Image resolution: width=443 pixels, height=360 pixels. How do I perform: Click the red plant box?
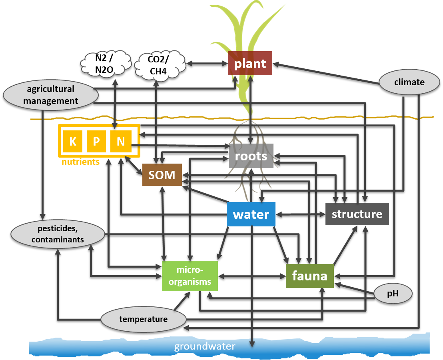point(250,63)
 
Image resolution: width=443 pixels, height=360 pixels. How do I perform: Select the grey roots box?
point(251,156)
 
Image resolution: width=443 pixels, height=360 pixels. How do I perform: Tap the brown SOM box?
point(162,175)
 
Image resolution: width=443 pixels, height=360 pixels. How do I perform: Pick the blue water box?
point(251,214)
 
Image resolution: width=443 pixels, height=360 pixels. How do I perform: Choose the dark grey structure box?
point(357,214)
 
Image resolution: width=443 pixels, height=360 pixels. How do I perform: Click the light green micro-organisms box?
point(190,276)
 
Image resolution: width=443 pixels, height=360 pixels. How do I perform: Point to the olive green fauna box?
point(309,276)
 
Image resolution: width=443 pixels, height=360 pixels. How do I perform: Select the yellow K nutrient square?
point(73,141)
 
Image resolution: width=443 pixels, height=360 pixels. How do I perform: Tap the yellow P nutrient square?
point(96,141)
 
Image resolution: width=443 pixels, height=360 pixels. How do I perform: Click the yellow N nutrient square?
point(121,141)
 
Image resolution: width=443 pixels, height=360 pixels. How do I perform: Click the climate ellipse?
point(409,82)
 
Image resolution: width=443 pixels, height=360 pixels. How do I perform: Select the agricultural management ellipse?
point(51,95)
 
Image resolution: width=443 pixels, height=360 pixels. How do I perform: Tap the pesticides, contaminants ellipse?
point(58,234)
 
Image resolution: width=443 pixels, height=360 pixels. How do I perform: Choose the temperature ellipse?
point(143,319)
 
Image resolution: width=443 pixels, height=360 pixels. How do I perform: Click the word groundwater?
point(204,346)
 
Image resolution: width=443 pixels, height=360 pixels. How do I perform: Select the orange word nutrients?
point(80,162)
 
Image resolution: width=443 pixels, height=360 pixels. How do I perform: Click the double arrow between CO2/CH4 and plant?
point(207,63)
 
